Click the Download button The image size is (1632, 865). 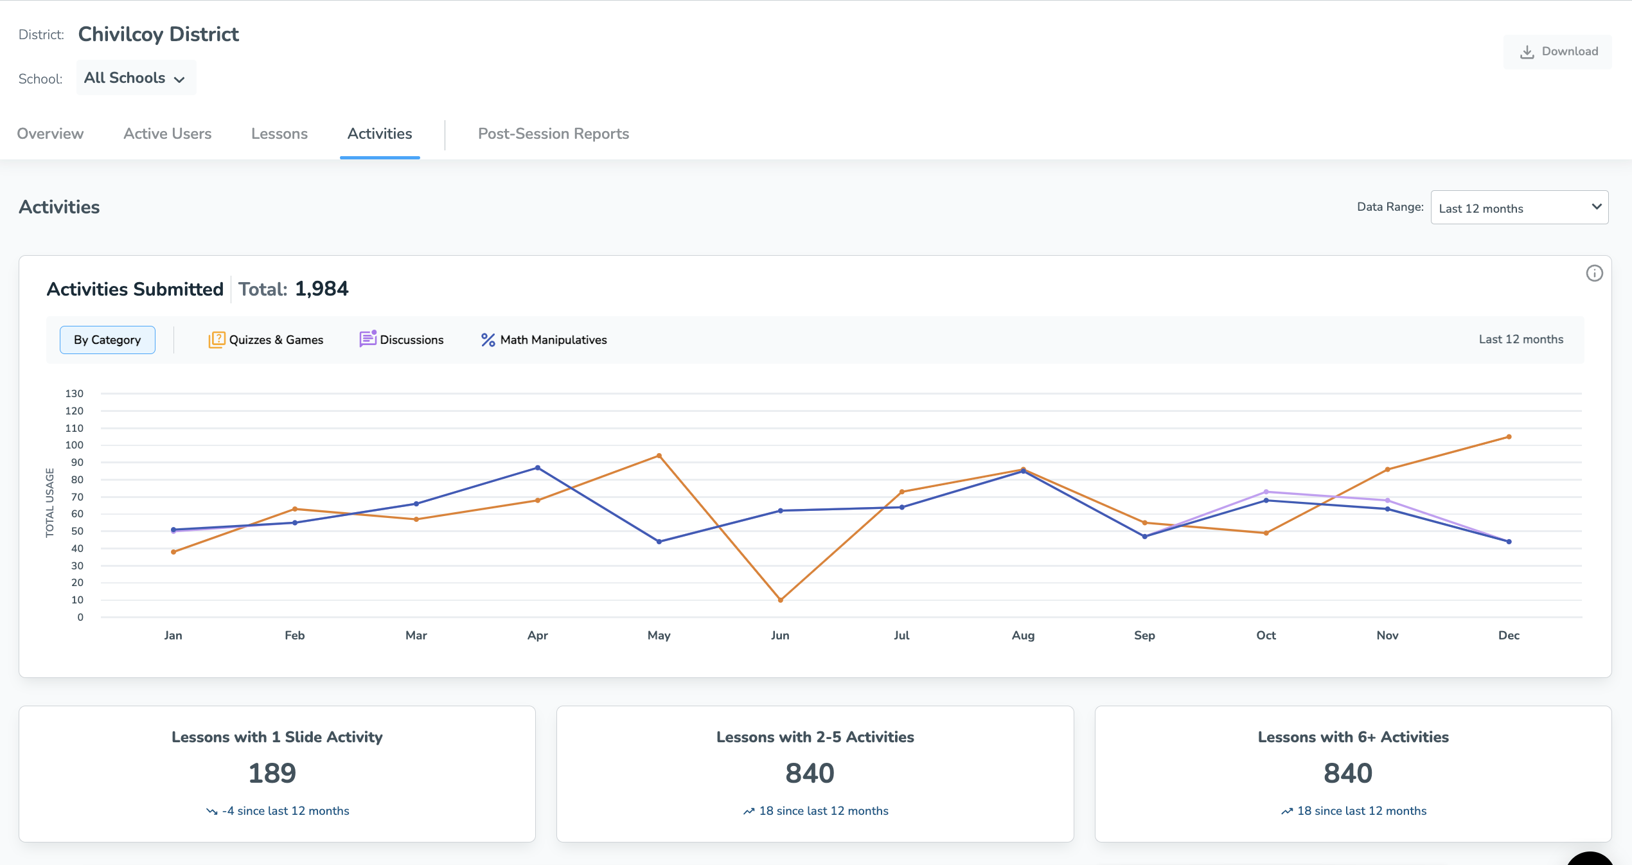pyautogui.click(x=1558, y=51)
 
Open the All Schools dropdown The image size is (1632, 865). pyautogui.click(x=136, y=78)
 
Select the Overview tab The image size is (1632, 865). pyautogui.click(x=50, y=134)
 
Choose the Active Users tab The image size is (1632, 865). pyautogui.click(x=167, y=134)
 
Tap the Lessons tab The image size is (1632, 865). pyautogui.click(x=279, y=134)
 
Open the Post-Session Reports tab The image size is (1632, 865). pyautogui.click(x=553, y=134)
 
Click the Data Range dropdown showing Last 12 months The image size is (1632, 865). pyautogui.click(x=1519, y=208)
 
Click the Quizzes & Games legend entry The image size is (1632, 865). pyautogui.click(x=266, y=340)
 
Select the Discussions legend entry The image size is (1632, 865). pyautogui.click(x=402, y=340)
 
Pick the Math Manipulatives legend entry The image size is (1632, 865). pyautogui.click(x=544, y=340)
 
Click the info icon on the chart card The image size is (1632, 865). pyautogui.click(x=1594, y=274)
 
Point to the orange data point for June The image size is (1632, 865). pyautogui.click(x=780, y=600)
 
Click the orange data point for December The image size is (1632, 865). pyautogui.click(x=1509, y=437)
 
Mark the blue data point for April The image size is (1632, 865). pyautogui.click(x=538, y=468)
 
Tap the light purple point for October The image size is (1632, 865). pyautogui.click(x=1266, y=492)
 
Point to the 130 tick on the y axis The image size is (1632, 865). pyautogui.click(x=75, y=393)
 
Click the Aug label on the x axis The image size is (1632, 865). pyautogui.click(x=1023, y=636)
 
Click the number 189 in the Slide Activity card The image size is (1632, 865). pyautogui.click(x=272, y=773)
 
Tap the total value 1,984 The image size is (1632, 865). pyautogui.click(x=321, y=289)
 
